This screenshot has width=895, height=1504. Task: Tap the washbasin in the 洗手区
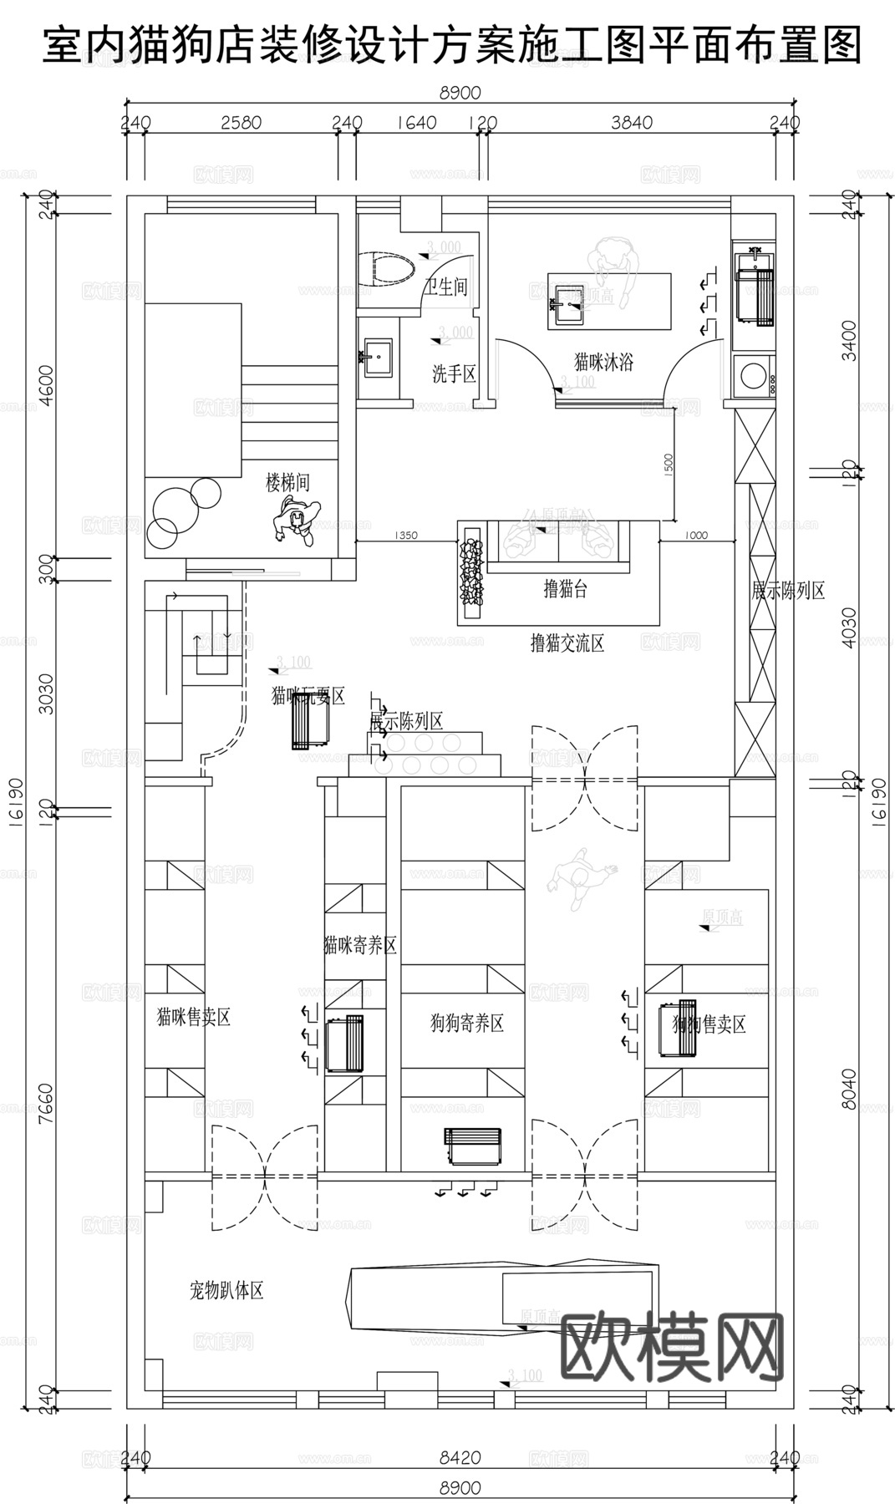coord(378,357)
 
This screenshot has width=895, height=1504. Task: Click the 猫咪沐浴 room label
coord(603,362)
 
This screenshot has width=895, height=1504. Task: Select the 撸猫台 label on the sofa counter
coord(565,589)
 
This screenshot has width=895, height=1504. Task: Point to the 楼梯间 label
coord(287,482)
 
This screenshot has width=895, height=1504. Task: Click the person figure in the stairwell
coord(297,520)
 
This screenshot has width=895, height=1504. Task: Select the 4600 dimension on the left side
coord(48,384)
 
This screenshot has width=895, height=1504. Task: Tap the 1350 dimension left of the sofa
coord(404,536)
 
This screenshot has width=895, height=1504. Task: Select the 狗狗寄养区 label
coord(466,1023)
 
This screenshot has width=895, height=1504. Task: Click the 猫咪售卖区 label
coord(193,1017)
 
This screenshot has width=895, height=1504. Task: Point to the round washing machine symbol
coord(755,375)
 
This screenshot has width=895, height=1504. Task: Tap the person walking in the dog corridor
coord(580,878)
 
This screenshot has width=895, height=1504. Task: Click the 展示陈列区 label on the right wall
coord(788,591)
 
